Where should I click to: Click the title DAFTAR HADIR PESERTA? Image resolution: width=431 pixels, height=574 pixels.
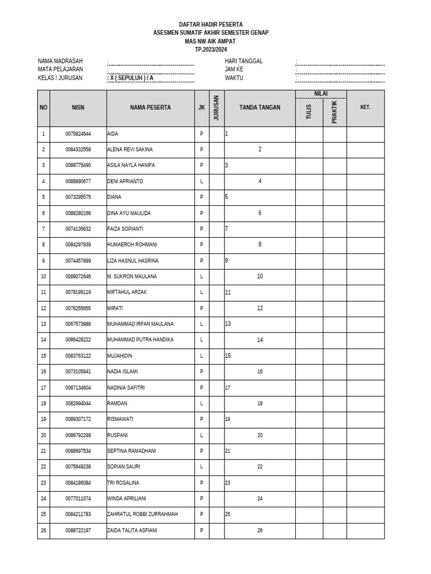pyautogui.click(x=210, y=25)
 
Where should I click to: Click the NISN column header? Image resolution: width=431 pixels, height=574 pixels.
pyautogui.click(x=78, y=108)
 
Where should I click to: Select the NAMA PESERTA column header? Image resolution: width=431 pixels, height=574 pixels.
pyautogui.click(x=150, y=108)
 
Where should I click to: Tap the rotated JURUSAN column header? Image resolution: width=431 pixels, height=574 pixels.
pyautogui.click(x=217, y=108)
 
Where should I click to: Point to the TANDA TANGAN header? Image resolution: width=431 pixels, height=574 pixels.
pyautogui.click(x=259, y=108)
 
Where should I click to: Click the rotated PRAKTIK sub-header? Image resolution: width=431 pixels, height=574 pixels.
pyautogui.click(x=334, y=112)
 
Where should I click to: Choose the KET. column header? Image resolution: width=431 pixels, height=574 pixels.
pyautogui.click(x=365, y=108)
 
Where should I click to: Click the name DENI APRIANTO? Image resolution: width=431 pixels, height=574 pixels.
pyautogui.click(x=125, y=182)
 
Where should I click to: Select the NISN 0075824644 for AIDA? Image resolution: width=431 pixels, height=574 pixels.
pyautogui.click(x=78, y=134)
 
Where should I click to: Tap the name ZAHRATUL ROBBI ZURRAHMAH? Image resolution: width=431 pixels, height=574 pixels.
pyautogui.click(x=143, y=514)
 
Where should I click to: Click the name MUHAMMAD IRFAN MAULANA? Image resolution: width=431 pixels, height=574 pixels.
pyautogui.click(x=140, y=324)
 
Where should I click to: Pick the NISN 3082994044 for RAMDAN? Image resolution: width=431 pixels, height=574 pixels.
pyautogui.click(x=78, y=404)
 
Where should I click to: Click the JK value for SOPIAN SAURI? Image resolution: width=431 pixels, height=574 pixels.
pyautogui.click(x=201, y=467)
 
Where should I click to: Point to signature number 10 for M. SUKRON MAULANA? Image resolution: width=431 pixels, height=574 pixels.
pyautogui.click(x=260, y=277)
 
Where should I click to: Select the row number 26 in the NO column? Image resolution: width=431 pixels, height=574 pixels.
pyautogui.click(x=43, y=530)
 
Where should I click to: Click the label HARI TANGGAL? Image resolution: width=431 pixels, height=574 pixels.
pyautogui.click(x=244, y=61)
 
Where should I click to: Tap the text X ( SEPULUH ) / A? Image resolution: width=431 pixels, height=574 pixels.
pyautogui.click(x=131, y=78)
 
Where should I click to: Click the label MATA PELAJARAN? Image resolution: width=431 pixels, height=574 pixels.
pyautogui.click(x=60, y=70)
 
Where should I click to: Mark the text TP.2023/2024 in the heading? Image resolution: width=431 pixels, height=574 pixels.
pyautogui.click(x=210, y=49)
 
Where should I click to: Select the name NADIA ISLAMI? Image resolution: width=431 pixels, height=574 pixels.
pyautogui.click(x=122, y=372)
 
